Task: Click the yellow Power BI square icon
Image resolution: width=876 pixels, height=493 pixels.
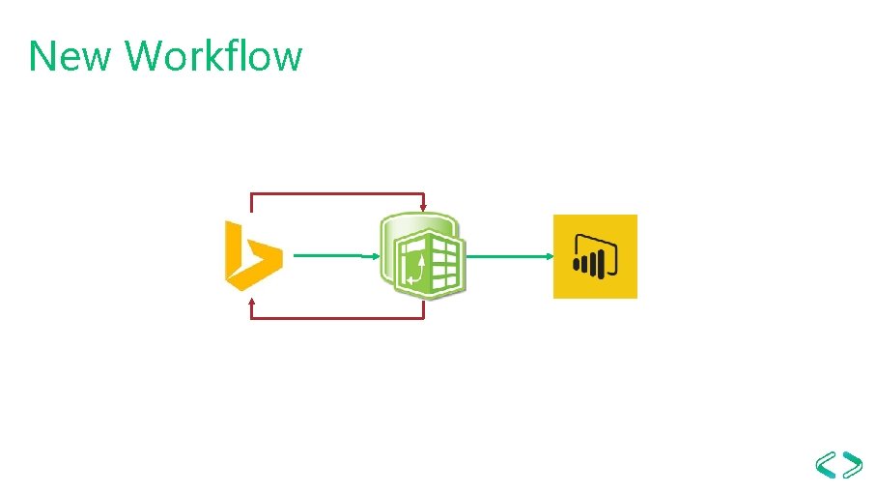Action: coord(595,256)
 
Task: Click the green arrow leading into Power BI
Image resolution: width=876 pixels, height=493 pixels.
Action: coord(507,256)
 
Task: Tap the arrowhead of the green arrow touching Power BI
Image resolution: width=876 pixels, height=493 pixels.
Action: coord(550,256)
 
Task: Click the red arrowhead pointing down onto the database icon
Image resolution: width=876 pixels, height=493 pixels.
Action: coord(424,208)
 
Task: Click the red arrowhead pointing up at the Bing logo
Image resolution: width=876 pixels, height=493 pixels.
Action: coord(252,302)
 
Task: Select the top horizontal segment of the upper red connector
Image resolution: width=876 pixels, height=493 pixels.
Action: coord(338,193)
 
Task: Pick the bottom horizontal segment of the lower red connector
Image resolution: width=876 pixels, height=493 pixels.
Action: coord(338,318)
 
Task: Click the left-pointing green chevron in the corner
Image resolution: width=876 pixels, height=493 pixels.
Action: coord(826,465)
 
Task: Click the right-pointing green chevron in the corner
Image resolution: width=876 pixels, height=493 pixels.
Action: coord(853,465)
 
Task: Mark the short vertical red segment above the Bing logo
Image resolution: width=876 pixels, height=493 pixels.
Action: coord(252,202)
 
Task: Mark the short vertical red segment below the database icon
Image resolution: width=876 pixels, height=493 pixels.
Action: coord(424,308)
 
